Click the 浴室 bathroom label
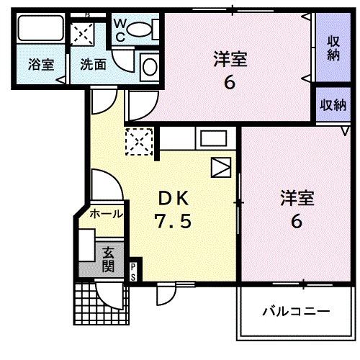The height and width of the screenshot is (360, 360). pos(41,64)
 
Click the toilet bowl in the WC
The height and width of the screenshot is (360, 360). pos(145,29)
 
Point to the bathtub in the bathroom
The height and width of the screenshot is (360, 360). pos(40,30)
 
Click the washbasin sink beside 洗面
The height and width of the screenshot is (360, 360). pos(150,66)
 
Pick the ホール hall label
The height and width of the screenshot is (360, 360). pos(106,214)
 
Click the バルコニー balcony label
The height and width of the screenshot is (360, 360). pos(295,312)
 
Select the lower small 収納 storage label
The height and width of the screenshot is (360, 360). pos(333,105)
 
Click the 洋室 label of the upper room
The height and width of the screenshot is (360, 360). pos(230,58)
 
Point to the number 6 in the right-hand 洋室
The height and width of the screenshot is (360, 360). pos(295,221)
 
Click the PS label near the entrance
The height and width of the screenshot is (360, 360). pos(133,271)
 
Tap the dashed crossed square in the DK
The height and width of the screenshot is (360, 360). pos(139,141)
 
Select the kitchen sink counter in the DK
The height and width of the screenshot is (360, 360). pos(213,138)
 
